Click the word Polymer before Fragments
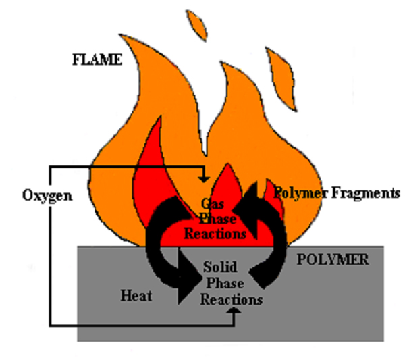pos(298,194)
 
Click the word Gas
pos(211,203)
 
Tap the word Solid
pos(217,269)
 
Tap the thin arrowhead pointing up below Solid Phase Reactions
pos(235,311)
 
